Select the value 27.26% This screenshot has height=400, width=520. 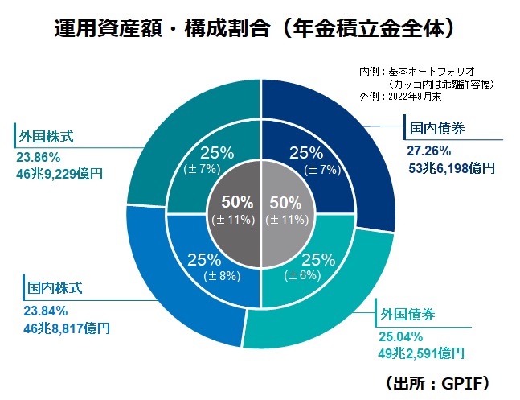click(429, 151)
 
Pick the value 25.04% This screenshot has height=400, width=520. click(399, 336)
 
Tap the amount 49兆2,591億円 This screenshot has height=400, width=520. click(421, 353)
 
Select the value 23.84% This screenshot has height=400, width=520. click(46, 310)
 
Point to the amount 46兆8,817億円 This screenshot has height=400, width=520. click(67, 328)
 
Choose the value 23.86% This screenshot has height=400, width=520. click(37, 155)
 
